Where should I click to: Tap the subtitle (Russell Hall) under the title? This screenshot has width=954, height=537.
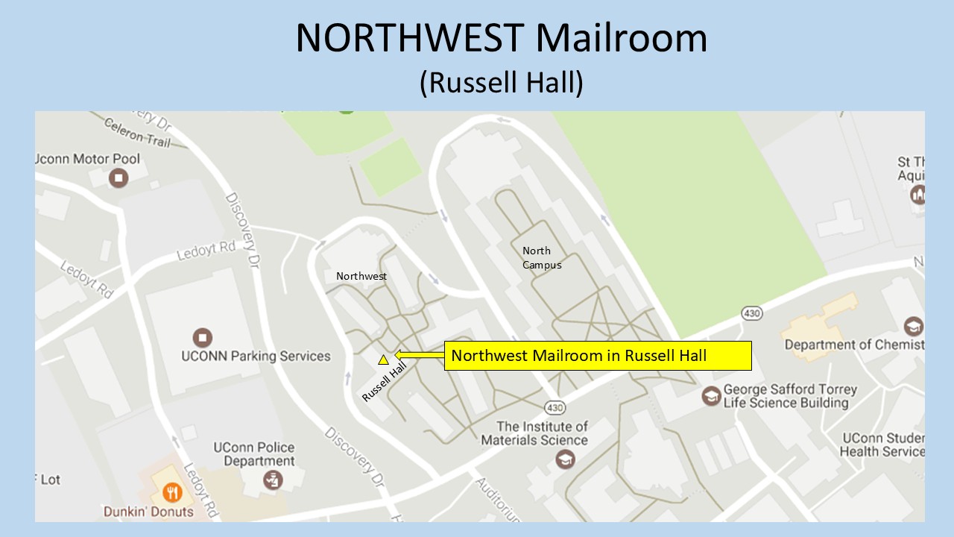[x=501, y=82]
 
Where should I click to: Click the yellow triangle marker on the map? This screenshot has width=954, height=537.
[x=383, y=360]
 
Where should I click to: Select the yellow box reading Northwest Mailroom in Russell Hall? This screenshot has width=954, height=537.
[x=598, y=356]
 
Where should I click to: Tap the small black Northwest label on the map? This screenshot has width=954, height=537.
[x=361, y=276]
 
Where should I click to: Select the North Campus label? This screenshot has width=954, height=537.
[x=542, y=258]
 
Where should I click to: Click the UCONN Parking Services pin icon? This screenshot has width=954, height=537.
[x=202, y=337]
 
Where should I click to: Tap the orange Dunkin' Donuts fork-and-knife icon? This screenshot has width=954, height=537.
[x=173, y=492]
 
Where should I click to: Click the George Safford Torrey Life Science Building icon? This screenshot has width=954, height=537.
[x=712, y=395]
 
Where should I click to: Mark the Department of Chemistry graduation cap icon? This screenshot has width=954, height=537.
[x=913, y=327]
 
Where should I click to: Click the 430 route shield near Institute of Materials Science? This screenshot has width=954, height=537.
[x=555, y=408]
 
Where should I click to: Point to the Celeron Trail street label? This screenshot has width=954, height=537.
[x=137, y=133]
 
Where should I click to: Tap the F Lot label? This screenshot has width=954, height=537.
[x=48, y=480]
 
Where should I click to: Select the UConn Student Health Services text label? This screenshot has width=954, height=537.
[x=882, y=445]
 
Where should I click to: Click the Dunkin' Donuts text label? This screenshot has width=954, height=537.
[x=148, y=512]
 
